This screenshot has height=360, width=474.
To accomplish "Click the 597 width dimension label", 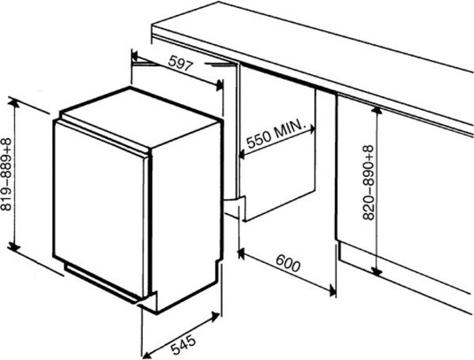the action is (x=180, y=63).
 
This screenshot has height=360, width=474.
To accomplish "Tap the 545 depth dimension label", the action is (x=183, y=344).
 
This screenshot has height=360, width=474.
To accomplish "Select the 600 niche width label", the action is (x=288, y=263).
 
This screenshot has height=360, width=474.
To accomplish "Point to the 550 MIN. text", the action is (x=275, y=134).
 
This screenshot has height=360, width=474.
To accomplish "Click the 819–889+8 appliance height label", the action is (x=6, y=174).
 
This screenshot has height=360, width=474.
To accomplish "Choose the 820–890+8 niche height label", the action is (x=368, y=182).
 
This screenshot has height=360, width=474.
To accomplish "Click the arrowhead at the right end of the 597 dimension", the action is (x=219, y=86).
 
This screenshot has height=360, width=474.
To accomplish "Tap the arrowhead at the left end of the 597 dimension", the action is (x=134, y=56).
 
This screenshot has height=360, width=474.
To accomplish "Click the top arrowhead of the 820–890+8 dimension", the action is (x=376, y=111).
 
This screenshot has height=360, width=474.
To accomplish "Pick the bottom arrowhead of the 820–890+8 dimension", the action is (x=376, y=272).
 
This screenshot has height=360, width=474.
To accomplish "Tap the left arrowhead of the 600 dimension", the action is (x=242, y=254).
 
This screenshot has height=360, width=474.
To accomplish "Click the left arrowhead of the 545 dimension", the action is (x=146, y=354).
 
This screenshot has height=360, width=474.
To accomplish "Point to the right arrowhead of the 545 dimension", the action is (x=216, y=317).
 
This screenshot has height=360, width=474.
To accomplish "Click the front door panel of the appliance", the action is (x=99, y=209).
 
